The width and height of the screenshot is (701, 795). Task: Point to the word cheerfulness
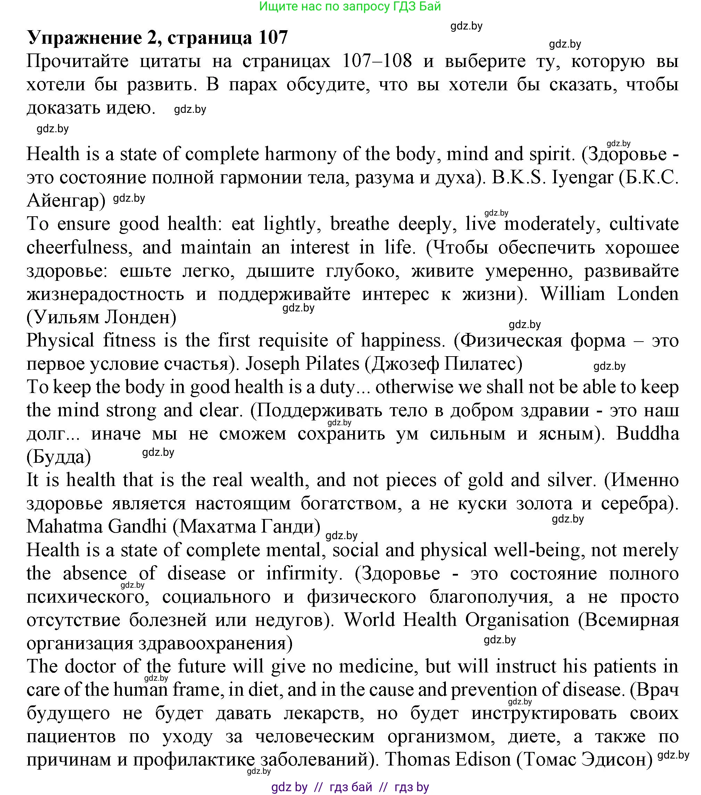[77, 248]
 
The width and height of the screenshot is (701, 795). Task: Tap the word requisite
[293, 341]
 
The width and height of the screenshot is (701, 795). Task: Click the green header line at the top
[350, 6]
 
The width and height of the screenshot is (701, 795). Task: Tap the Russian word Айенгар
[66, 201]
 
